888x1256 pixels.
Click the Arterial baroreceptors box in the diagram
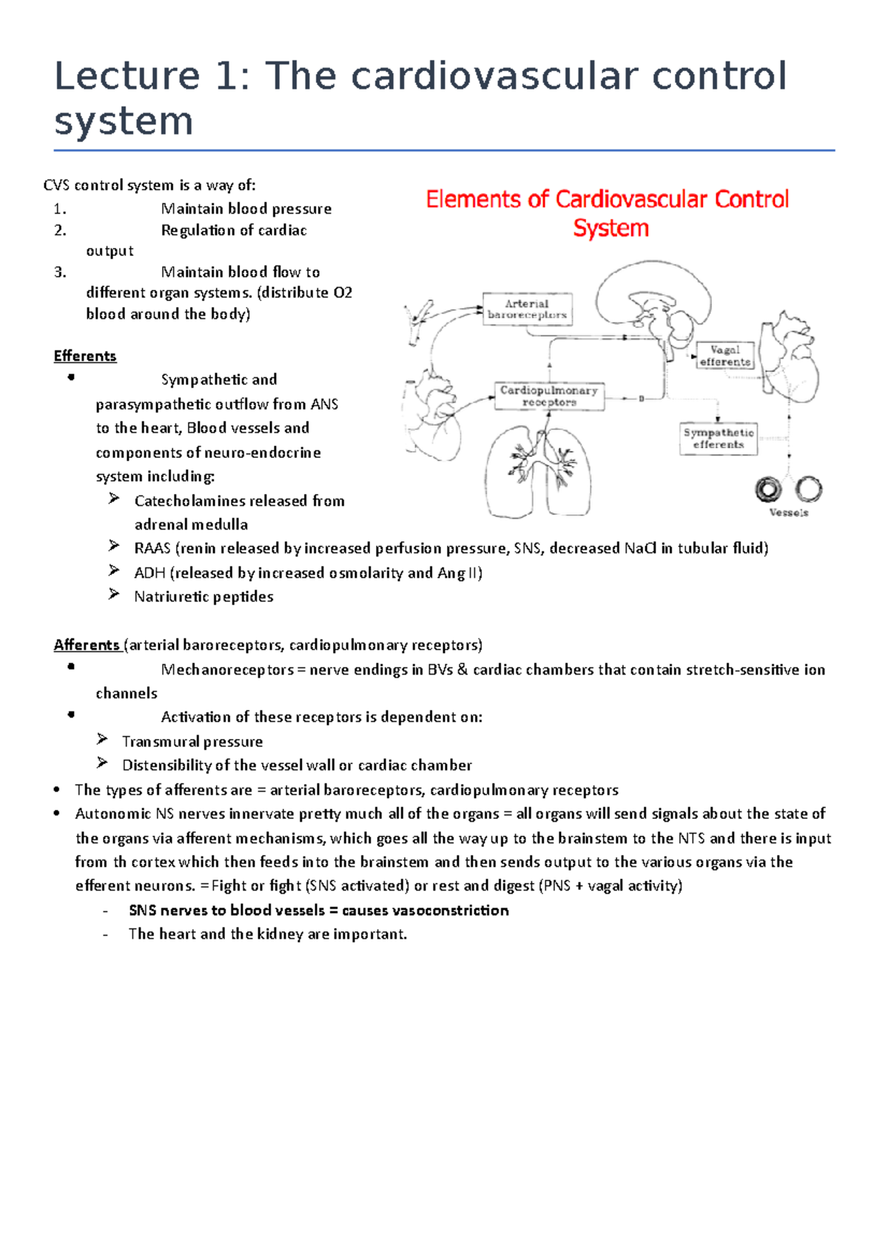pyautogui.click(x=527, y=309)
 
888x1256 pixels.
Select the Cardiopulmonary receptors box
pyautogui.click(x=549, y=396)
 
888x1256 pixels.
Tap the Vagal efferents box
pyautogui.click(x=725, y=356)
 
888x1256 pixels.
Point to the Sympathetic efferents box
pyautogui.click(x=719, y=439)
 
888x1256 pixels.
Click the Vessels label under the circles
pyautogui.click(x=789, y=513)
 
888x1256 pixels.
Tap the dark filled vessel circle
pyautogui.click(x=768, y=489)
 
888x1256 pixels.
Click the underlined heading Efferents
pyautogui.click(x=85, y=356)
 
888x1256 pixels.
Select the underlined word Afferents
pyautogui.click(x=86, y=645)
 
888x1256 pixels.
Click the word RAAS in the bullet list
pyautogui.click(x=152, y=549)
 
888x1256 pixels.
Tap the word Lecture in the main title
pyautogui.click(x=127, y=77)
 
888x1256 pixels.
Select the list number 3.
pyautogui.click(x=59, y=272)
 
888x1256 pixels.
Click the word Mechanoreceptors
pyautogui.click(x=227, y=670)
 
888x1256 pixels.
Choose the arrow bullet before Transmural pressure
pyautogui.click(x=102, y=740)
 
